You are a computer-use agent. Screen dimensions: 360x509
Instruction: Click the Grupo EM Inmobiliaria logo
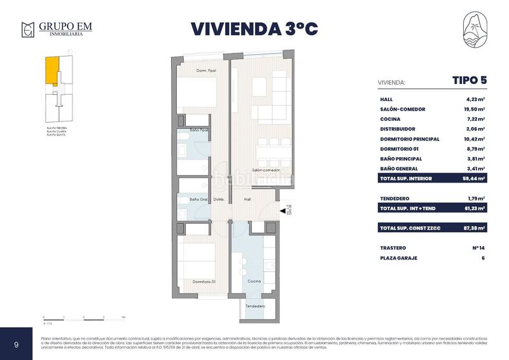(57, 29)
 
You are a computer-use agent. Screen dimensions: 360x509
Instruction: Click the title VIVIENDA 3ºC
(254, 29)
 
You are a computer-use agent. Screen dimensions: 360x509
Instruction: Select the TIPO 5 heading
(470, 81)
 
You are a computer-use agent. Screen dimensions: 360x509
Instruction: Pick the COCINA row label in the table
(389, 119)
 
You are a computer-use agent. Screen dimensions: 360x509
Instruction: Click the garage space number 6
(484, 258)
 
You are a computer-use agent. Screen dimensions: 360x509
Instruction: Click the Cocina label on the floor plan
(253, 281)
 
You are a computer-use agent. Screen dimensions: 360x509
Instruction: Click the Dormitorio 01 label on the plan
(205, 281)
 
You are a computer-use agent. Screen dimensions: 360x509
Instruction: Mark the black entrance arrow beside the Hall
(282, 212)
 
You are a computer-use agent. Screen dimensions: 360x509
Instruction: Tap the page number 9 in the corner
(17, 344)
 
